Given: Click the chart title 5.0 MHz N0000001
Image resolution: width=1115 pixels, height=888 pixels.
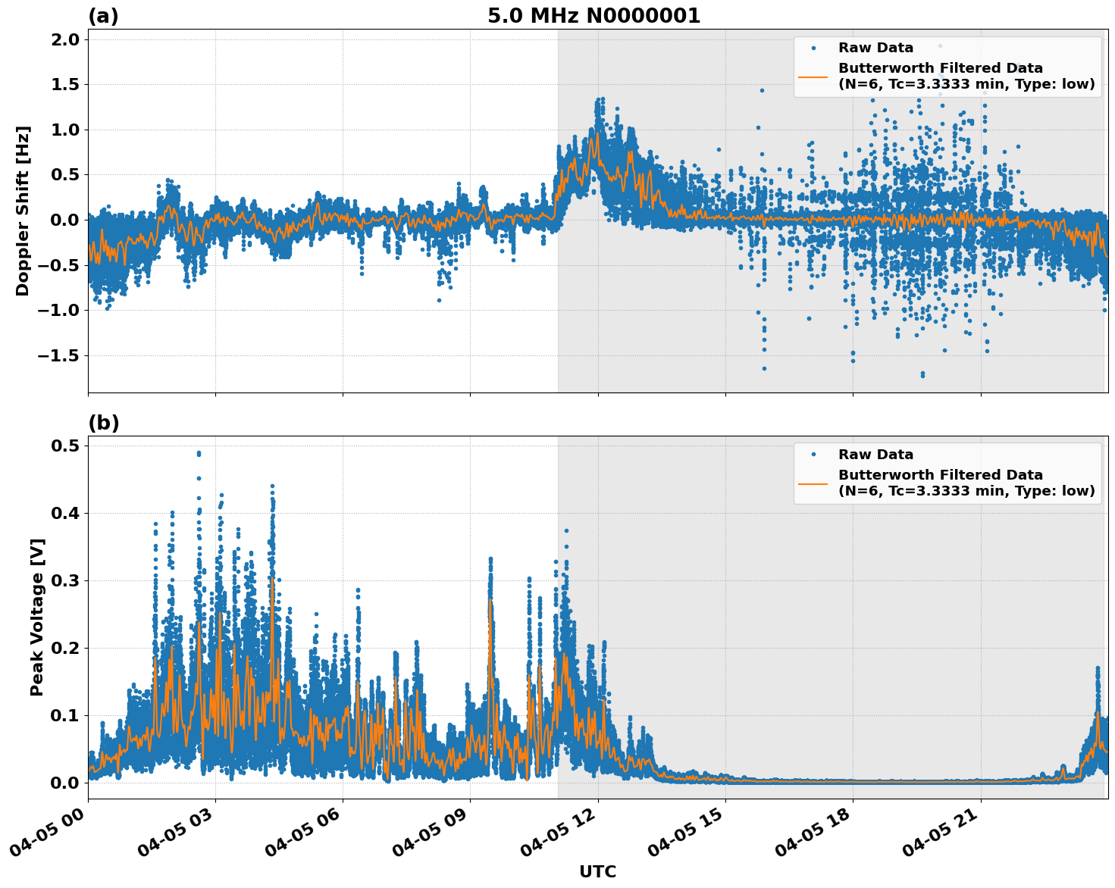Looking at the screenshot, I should pyautogui.click(x=594, y=16).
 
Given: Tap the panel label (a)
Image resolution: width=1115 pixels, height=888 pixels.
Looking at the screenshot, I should pyautogui.click(x=103, y=16).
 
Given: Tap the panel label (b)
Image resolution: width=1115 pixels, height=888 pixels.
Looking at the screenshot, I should pyautogui.click(x=103, y=423).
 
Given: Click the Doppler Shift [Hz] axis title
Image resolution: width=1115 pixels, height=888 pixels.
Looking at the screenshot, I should pyautogui.click(x=23, y=211).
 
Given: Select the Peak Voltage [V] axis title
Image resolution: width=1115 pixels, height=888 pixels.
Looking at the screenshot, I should pyautogui.click(x=37, y=617).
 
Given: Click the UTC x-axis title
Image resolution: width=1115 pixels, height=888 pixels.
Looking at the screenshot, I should pyautogui.click(x=597, y=871).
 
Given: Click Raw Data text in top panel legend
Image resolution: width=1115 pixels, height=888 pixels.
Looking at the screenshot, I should pyautogui.click(x=875, y=48).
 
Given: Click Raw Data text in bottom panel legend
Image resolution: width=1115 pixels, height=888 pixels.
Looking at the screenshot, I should pyautogui.click(x=875, y=455).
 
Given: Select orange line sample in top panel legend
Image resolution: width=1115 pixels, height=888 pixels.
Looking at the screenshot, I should pyautogui.click(x=813, y=77).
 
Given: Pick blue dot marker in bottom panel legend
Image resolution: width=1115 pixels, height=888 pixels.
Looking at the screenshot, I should pyautogui.click(x=813, y=455).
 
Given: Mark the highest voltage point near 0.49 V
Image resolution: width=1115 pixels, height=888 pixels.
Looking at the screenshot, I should pyautogui.click(x=199, y=453).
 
